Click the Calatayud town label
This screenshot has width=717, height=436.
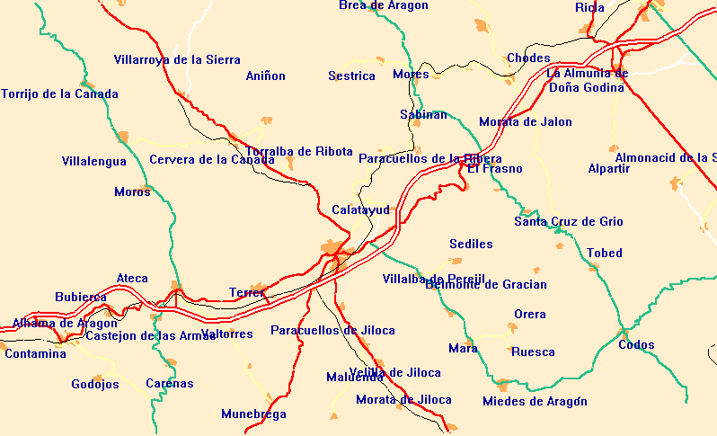(x=360, y=209)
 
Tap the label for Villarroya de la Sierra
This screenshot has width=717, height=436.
(x=177, y=60)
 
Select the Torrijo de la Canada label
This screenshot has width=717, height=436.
(x=59, y=93)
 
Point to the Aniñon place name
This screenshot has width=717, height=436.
(x=265, y=76)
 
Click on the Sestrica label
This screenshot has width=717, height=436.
(x=351, y=76)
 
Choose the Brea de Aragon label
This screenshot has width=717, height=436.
(x=384, y=5)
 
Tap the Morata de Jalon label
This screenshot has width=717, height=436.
(x=525, y=122)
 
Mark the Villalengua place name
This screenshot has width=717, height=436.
(x=94, y=162)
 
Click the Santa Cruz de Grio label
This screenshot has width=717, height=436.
(x=568, y=222)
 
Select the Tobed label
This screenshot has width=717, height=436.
(x=604, y=254)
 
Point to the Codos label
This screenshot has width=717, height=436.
(x=636, y=345)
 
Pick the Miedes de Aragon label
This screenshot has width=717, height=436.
(x=535, y=402)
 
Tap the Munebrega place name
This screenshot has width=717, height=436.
(x=253, y=414)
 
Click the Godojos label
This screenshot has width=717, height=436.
(x=95, y=385)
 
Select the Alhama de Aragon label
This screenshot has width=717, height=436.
(x=65, y=324)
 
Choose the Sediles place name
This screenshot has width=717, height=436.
(x=471, y=245)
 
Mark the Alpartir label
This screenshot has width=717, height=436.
(x=608, y=169)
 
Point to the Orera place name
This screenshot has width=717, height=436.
(x=529, y=315)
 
